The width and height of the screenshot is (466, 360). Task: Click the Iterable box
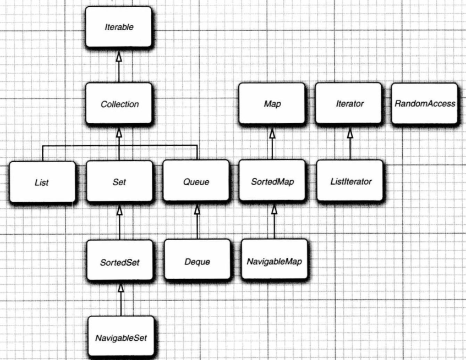119,26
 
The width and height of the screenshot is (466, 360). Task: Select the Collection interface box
119,103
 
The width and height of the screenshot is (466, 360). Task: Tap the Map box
271,103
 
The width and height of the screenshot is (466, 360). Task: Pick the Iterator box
348,103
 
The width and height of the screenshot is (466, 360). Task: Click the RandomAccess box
425,103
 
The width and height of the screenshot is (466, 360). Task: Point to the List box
41,182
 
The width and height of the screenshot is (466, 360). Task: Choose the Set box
119,182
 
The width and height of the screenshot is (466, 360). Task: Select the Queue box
196,182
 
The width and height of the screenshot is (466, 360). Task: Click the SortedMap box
271,182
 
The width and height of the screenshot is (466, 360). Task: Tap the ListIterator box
348,182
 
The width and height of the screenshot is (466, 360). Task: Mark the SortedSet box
119,261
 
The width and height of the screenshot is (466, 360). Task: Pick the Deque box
196,261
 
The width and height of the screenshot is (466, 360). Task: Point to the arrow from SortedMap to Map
271,143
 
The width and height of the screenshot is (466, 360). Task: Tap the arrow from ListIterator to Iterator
348,143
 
